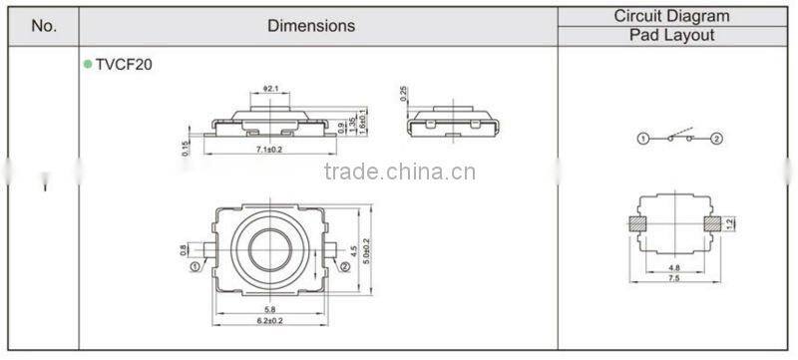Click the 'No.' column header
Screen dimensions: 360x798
coord(44,26)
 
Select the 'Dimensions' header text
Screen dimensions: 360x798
coord(310,26)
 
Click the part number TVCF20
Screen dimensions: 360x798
coord(124,64)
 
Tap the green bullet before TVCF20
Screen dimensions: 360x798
coord(88,64)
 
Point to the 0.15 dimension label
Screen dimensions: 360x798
coord(186,148)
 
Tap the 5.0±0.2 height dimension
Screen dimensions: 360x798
coord(366,245)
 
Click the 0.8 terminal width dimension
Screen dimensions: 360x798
coord(184,250)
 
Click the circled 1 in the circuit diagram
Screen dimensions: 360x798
coord(643,138)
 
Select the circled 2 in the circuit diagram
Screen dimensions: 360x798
coord(716,138)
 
